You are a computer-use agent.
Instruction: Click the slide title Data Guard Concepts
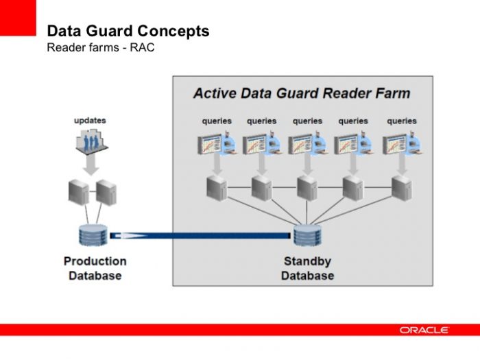click(128, 31)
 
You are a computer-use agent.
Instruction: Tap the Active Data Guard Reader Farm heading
click(302, 93)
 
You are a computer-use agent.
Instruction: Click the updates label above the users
click(90, 121)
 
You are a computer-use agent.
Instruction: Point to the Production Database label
click(95, 268)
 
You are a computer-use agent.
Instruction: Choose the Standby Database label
click(307, 268)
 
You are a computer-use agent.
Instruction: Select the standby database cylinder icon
click(307, 236)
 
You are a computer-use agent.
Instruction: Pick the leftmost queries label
click(217, 121)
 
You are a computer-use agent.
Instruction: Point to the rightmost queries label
click(402, 121)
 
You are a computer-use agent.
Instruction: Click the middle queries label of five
click(307, 121)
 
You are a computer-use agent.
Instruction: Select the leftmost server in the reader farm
click(217, 187)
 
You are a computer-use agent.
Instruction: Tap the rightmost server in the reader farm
click(401, 187)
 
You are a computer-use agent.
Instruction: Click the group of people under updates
click(90, 142)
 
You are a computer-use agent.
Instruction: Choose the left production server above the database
click(77, 192)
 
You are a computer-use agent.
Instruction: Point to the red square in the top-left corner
click(18, 18)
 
